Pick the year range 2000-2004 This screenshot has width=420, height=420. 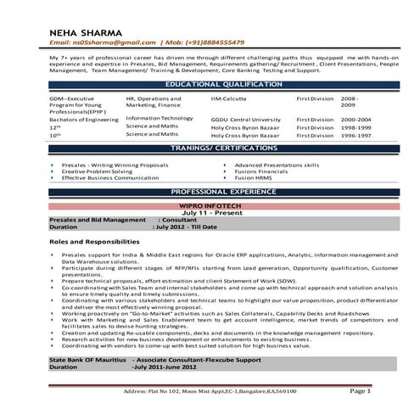click(357, 120)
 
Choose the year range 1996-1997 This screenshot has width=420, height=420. click(357, 135)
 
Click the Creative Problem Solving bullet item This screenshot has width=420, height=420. click(96, 171)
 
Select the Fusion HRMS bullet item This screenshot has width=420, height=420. click(254, 178)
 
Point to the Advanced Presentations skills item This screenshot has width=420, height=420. click(277, 165)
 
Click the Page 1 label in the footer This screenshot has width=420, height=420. click(360, 392)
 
